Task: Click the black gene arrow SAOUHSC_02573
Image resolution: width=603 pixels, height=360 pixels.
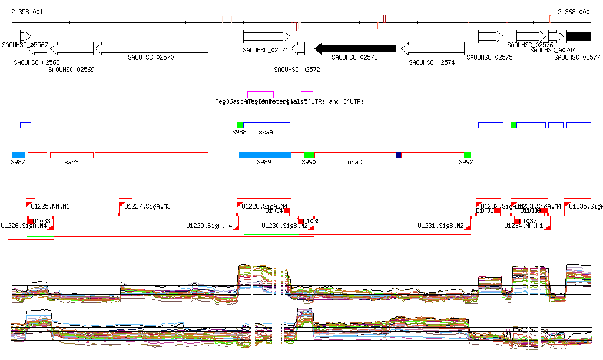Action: pos(355,48)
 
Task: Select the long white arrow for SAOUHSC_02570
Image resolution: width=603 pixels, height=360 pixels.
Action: pos(152,48)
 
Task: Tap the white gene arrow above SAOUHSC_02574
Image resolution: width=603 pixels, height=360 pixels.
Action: pos(432,48)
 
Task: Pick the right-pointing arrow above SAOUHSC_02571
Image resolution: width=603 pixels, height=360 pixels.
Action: pos(266,37)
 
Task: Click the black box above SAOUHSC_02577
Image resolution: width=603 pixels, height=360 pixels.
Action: pos(579,37)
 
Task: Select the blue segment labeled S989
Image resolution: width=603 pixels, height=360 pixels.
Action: pos(264,155)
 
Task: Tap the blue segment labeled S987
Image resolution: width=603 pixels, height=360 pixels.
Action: pos(18,155)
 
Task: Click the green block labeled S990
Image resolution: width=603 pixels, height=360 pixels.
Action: pos(309,155)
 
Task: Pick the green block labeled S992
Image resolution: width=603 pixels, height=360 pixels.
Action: pos(467,155)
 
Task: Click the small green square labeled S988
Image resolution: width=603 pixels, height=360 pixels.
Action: pos(240,125)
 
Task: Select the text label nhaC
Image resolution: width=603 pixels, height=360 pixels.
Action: pos(354,161)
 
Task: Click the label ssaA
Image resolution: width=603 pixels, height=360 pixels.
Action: pos(266,132)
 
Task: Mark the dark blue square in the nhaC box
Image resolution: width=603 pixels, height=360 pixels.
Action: pos(399,155)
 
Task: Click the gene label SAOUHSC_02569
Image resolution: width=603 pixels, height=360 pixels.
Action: pos(71,70)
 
